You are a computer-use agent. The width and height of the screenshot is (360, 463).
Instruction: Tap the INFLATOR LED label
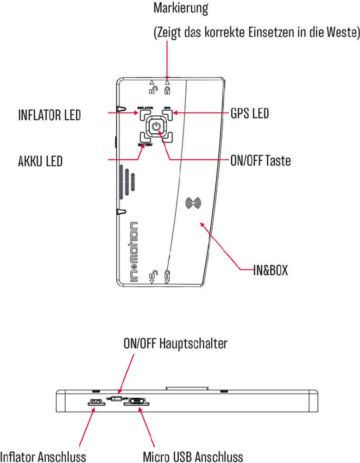pyautogui.click(x=49, y=114)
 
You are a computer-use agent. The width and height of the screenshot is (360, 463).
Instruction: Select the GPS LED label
pyautogui.click(x=249, y=113)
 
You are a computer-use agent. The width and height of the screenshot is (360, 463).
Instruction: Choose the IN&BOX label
pyautogui.click(x=270, y=270)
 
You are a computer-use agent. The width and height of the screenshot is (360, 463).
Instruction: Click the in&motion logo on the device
pyautogui.click(x=133, y=250)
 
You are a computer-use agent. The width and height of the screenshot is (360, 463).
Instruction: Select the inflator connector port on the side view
pyautogui.click(x=96, y=401)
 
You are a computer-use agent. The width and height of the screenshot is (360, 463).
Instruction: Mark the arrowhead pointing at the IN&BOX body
pyautogui.click(x=202, y=224)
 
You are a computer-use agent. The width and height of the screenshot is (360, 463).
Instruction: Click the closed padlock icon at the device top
pyautogui.click(x=167, y=88)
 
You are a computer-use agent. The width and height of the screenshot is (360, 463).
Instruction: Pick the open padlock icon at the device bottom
pyautogui.click(x=152, y=274)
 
